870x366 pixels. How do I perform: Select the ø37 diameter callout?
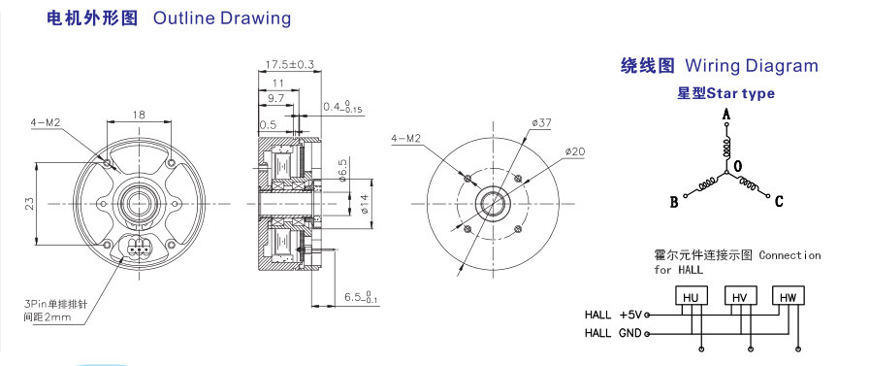(541, 123)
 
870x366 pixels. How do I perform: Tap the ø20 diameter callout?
(575, 150)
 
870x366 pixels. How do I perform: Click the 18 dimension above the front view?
(139, 114)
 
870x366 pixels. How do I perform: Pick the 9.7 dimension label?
(275, 98)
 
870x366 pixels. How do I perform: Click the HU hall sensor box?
(691, 296)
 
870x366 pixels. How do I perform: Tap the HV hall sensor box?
(740, 296)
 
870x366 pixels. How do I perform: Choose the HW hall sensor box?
(789, 296)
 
